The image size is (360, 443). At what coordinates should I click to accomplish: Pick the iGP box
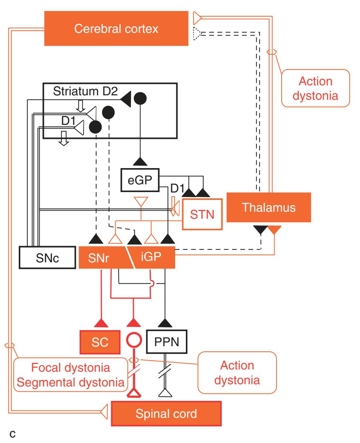click(152, 258)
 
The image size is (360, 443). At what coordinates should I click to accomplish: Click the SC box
click(100, 342)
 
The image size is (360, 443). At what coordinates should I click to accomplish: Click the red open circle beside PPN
click(133, 341)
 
